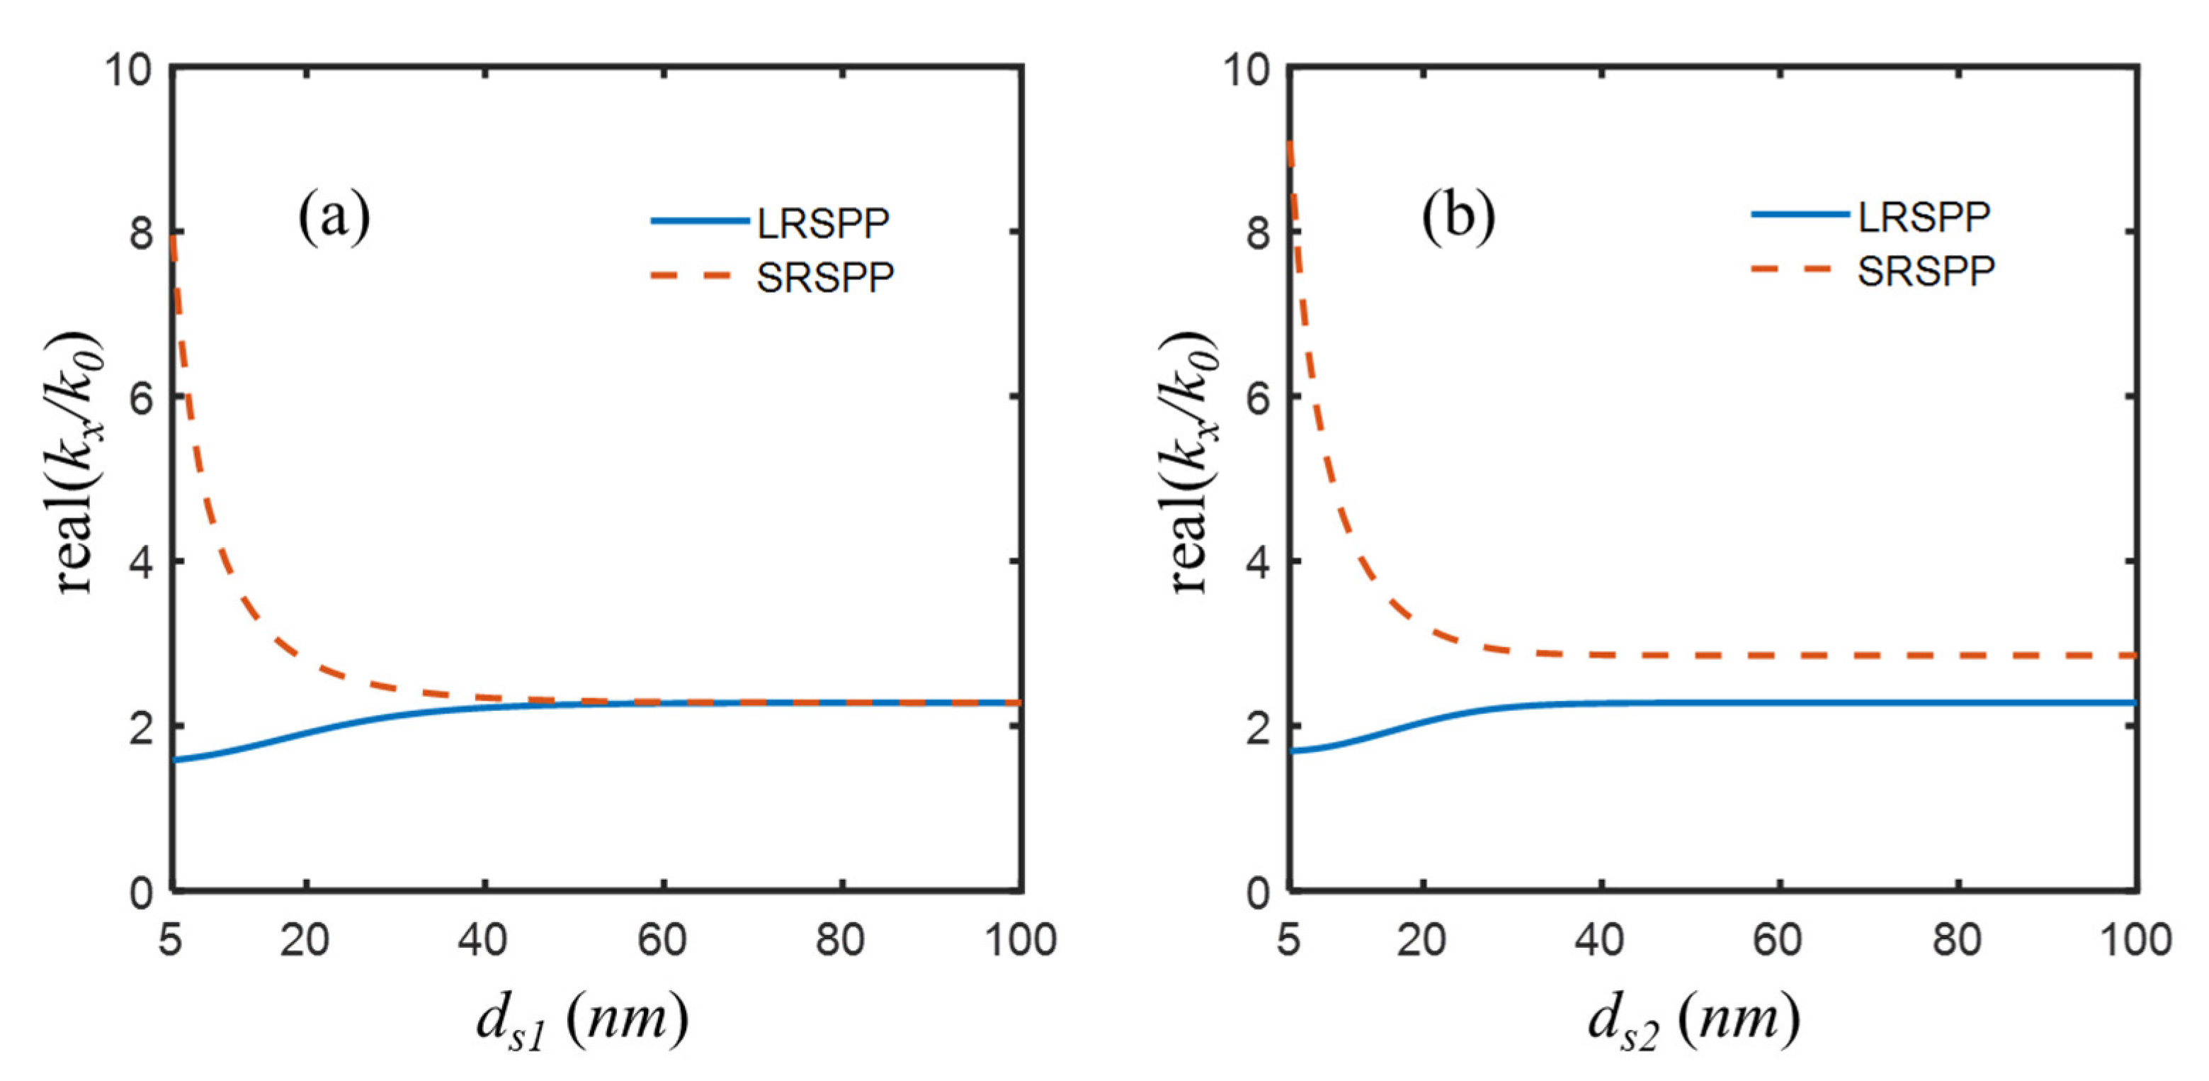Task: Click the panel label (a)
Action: click(x=334, y=217)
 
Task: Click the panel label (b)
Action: click(x=1458, y=217)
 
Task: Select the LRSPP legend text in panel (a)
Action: click(x=823, y=223)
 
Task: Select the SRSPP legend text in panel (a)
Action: click(x=825, y=277)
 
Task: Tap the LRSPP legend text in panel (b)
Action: click(x=1924, y=217)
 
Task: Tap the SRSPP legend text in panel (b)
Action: click(x=1926, y=271)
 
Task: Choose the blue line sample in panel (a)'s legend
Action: click(x=700, y=221)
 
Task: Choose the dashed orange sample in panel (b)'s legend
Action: click(x=1798, y=269)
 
